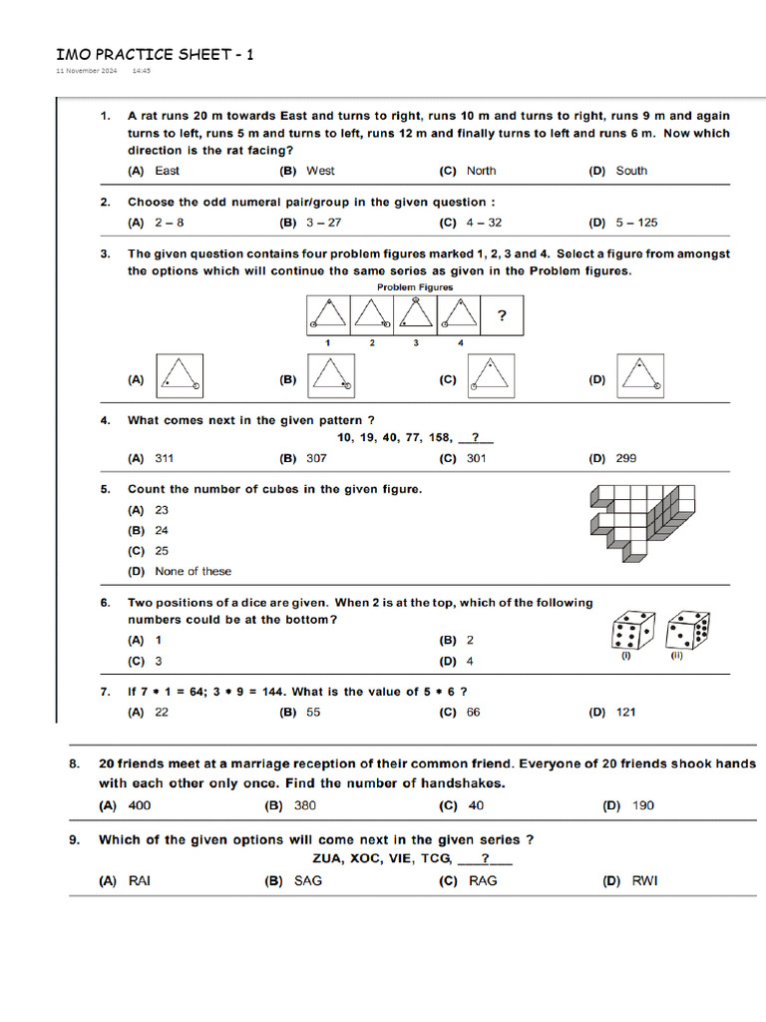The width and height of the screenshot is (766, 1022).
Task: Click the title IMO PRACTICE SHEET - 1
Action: click(x=154, y=54)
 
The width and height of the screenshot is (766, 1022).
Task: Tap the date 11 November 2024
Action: click(x=86, y=72)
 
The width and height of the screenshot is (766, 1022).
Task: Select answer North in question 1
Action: click(x=481, y=171)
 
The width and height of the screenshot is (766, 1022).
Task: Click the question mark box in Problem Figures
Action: click(x=502, y=316)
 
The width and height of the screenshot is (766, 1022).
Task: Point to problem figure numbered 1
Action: click(x=328, y=315)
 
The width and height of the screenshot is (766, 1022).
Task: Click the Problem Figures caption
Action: click(x=415, y=287)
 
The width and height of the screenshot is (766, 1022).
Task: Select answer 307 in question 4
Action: click(x=316, y=458)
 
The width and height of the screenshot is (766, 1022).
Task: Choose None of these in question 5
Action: click(x=192, y=571)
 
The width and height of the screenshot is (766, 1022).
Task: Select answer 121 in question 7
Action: click(x=625, y=712)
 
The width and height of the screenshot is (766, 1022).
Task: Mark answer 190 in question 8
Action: click(x=643, y=804)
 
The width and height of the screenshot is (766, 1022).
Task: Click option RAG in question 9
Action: click(x=483, y=880)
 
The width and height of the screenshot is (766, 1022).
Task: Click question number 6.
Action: click(x=105, y=603)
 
